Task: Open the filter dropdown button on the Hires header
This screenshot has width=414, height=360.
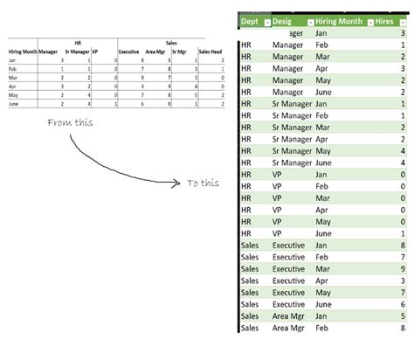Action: pyautogui.click(x=408, y=22)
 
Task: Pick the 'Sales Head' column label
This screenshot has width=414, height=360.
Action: pyautogui.click(x=210, y=52)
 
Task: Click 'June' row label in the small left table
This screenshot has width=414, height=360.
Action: pyautogui.click(x=14, y=103)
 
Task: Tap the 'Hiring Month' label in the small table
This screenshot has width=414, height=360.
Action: pyautogui.click(x=22, y=52)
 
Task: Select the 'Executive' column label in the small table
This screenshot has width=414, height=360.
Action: pyautogui.click(x=128, y=52)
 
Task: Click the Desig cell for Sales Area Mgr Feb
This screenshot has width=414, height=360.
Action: pyautogui.click(x=288, y=328)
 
